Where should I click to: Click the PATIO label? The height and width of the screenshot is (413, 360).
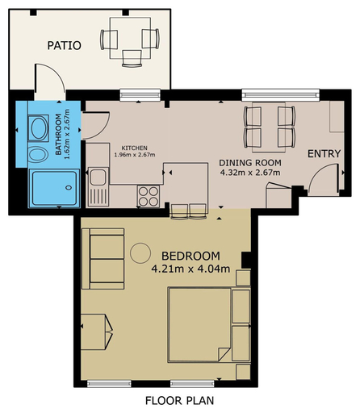(x=64, y=45)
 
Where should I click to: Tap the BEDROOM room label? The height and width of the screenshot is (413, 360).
(x=190, y=256)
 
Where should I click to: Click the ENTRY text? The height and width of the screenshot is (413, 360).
(x=324, y=154)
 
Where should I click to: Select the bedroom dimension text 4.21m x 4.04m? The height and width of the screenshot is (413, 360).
(x=190, y=269)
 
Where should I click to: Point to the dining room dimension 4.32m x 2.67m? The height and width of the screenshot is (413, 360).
(x=250, y=173)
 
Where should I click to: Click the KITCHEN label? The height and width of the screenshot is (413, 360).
(x=134, y=148)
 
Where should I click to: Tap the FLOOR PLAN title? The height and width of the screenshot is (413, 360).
(x=180, y=401)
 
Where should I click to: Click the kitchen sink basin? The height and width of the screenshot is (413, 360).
(x=98, y=177)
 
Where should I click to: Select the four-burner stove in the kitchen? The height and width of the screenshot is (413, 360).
(x=149, y=196)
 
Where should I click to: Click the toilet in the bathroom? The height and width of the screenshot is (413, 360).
(x=39, y=154)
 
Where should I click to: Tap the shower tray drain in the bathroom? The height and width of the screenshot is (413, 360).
(x=69, y=188)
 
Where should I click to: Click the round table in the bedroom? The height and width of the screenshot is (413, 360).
(x=140, y=253)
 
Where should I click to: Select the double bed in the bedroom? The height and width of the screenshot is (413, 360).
(x=199, y=325)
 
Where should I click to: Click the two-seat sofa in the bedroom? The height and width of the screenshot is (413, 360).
(x=103, y=259)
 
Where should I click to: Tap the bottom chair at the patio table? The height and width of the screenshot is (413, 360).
(x=132, y=58)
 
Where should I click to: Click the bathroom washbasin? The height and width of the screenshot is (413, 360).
(x=39, y=128)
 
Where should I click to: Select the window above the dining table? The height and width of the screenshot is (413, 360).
(x=281, y=95)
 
